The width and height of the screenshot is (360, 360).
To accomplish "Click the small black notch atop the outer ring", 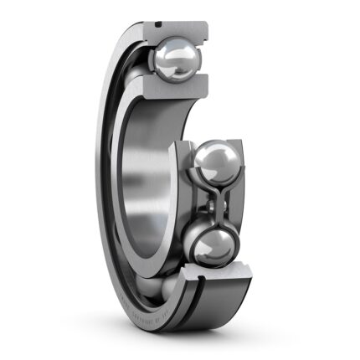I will (x=157, y=24).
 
